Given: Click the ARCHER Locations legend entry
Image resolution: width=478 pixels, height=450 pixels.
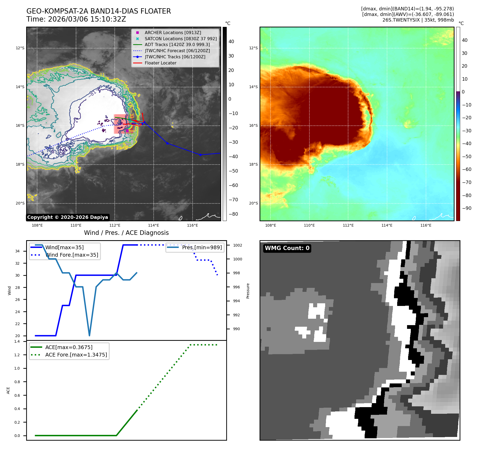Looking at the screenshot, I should click(173, 32).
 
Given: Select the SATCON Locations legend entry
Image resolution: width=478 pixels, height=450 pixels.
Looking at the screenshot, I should click(180, 39).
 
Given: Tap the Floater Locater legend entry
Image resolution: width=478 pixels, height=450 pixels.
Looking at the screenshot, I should click(160, 63).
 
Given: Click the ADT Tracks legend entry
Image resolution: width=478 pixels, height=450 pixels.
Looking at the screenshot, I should click(177, 45).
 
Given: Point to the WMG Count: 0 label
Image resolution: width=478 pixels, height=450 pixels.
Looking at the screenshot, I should click(287, 248).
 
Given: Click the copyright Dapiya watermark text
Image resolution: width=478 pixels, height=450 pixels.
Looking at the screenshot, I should click(67, 217).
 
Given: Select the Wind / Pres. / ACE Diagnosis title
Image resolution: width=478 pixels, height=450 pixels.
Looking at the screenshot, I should click(126, 233).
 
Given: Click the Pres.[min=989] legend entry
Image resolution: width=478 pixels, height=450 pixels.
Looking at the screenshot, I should click(202, 247).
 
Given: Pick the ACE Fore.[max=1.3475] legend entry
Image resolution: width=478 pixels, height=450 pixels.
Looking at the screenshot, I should click(76, 355).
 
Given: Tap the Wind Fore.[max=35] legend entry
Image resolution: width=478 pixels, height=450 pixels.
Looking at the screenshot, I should click(72, 255).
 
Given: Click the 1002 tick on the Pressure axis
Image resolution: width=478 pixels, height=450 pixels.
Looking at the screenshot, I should click(237, 245).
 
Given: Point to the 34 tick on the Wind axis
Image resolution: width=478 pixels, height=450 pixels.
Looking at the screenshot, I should click(17, 251).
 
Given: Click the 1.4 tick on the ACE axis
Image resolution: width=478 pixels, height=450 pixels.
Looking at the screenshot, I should click(17, 341).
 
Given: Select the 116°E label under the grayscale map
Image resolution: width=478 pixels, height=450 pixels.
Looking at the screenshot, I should click(192, 225).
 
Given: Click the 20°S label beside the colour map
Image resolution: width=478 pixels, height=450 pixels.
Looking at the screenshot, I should click(253, 203).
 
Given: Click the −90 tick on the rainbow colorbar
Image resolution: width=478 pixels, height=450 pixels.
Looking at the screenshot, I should click(467, 208).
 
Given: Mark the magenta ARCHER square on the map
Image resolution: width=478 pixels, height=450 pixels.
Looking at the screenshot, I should click(128, 130).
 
